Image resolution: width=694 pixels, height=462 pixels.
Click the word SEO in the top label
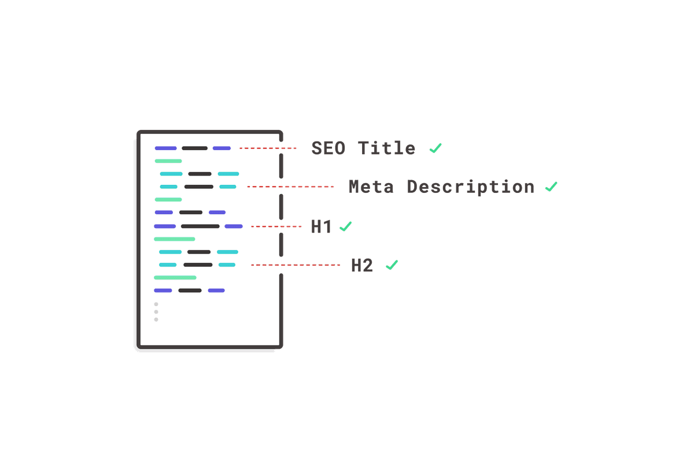[x=328, y=148]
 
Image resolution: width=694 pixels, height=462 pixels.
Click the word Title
[x=387, y=148]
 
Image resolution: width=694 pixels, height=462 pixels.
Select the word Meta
[x=371, y=187]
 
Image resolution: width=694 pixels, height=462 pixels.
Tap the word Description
[x=471, y=188]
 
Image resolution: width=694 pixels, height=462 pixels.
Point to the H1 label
[x=321, y=226]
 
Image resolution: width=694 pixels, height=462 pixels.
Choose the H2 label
[x=362, y=266]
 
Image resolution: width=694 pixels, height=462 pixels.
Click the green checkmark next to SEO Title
[x=435, y=148]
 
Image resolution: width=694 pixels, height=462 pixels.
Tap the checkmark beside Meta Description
[x=551, y=187]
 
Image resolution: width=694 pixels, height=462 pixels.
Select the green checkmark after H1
[x=346, y=226]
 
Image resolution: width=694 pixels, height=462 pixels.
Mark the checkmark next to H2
[x=392, y=265]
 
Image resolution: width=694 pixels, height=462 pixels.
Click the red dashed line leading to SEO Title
[x=268, y=148]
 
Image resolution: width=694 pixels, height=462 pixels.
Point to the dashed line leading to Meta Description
[x=290, y=187]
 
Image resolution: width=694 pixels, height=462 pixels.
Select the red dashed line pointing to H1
[x=276, y=226]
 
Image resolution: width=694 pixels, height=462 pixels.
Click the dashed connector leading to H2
[x=296, y=265]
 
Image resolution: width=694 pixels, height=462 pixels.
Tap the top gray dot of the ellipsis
[x=156, y=304]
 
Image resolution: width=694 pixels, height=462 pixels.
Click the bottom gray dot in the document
[x=156, y=320]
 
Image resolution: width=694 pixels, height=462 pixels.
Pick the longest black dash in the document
[x=200, y=226]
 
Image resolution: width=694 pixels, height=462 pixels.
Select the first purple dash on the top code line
[x=166, y=148]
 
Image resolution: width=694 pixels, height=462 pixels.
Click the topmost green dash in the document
[x=168, y=161]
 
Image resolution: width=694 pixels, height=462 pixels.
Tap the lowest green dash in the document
[x=175, y=278]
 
